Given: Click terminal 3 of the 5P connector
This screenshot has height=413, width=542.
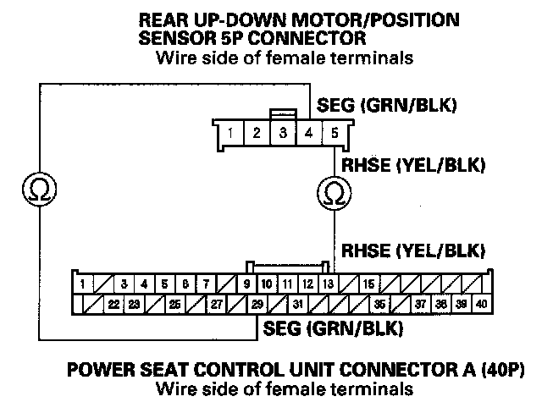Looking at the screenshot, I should click(283, 133).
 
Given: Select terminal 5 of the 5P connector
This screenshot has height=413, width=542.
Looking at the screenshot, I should click(335, 133).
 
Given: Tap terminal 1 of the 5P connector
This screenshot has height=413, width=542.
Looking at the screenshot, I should click(230, 133).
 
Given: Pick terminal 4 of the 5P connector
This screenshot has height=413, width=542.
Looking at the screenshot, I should click(309, 133).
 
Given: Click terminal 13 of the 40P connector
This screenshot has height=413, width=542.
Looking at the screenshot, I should click(328, 284).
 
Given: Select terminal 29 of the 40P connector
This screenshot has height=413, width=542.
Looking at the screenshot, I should click(257, 304).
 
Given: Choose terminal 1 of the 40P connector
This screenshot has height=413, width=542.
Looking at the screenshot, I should click(82, 284).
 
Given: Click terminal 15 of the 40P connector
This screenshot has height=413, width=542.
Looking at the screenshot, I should click(369, 284).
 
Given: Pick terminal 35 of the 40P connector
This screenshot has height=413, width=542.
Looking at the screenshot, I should click(380, 304).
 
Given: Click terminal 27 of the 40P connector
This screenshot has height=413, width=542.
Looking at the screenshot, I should click(217, 304).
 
